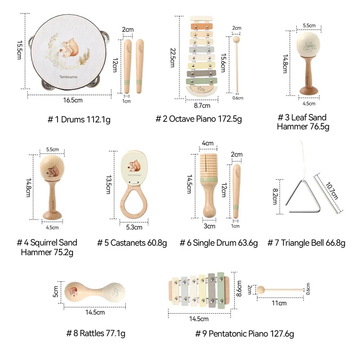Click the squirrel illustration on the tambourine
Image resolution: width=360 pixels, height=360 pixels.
(70, 48)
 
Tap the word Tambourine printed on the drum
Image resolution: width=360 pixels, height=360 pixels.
(68, 77)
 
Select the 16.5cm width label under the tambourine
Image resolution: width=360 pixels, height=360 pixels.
(73, 100)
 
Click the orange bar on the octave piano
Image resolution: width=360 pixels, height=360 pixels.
(202, 27)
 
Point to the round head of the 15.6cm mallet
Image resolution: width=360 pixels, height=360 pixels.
(236, 40)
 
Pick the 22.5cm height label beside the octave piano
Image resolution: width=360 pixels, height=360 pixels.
(173, 58)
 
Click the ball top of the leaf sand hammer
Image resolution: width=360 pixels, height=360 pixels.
(308, 44)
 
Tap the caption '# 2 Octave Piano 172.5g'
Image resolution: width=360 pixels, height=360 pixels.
(198, 119)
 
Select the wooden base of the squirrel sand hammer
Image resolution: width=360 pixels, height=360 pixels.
(52, 216)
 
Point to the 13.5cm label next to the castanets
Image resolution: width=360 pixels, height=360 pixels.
(108, 185)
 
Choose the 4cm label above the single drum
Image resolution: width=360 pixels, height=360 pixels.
(207, 143)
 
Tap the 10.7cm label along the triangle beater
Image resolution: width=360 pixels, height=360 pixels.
(332, 191)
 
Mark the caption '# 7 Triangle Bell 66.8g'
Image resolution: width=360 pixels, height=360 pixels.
(306, 243)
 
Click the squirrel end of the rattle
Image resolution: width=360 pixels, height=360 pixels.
(73, 292)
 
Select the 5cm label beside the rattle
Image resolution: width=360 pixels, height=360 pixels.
(56, 292)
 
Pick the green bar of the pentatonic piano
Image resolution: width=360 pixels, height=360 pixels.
(220, 290)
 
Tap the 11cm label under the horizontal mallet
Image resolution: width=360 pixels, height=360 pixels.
(279, 303)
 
